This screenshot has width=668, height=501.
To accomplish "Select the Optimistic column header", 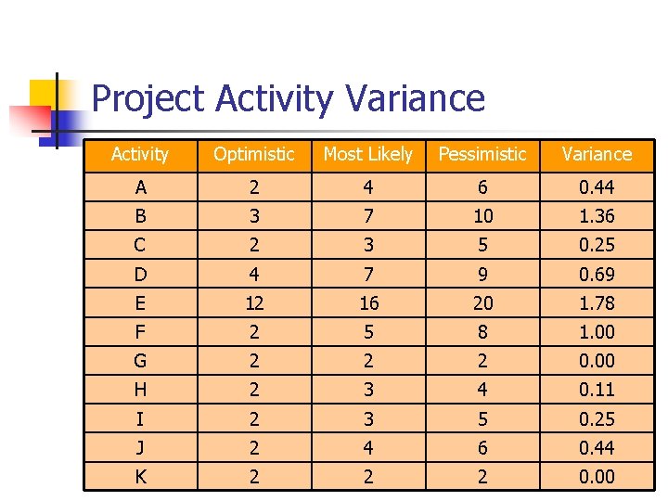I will (253, 155).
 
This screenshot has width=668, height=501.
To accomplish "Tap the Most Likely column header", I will (367, 155).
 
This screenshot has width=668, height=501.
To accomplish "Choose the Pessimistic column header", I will (482, 155).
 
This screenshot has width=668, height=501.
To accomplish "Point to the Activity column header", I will (140, 155).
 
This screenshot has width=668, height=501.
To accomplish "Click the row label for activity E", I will (140, 303).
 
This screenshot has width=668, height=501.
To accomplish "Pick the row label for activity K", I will (140, 477).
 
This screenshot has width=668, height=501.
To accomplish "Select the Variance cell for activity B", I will (597, 217).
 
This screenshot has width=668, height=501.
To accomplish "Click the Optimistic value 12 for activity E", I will (253, 303).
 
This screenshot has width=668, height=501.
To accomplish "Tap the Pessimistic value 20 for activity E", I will (482, 303).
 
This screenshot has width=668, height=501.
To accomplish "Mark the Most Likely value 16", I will (368, 303).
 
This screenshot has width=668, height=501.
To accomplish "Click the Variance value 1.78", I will (597, 303).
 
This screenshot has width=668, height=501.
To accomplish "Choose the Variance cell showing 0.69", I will (597, 275).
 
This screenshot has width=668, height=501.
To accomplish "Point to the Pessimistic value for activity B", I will (482, 217).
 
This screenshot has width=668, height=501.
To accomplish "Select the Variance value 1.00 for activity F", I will (597, 332).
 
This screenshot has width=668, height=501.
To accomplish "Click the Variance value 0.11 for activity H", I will (597, 390).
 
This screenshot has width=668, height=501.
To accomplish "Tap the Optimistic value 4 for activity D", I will (253, 275).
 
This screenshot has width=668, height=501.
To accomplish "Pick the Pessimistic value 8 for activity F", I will (482, 332).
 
